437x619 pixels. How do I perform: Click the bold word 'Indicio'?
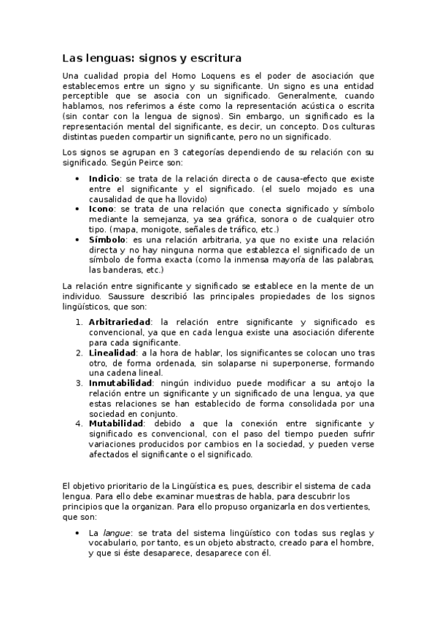(104, 179)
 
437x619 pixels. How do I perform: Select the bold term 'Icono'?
(101, 209)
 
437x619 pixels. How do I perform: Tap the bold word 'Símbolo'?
(107, 239)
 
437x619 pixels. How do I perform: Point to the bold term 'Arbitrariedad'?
(120, 322)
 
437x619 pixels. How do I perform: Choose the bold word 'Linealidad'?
(113, 353)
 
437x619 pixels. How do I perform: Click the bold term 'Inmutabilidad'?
(120, 383)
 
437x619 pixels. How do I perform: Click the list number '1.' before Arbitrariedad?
(80, 322)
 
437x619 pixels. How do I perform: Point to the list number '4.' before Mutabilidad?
(80, 423)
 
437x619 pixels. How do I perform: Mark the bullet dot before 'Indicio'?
(79, 179)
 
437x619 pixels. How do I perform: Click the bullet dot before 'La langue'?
(79, 534)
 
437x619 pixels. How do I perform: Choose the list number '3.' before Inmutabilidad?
(80, 383)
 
